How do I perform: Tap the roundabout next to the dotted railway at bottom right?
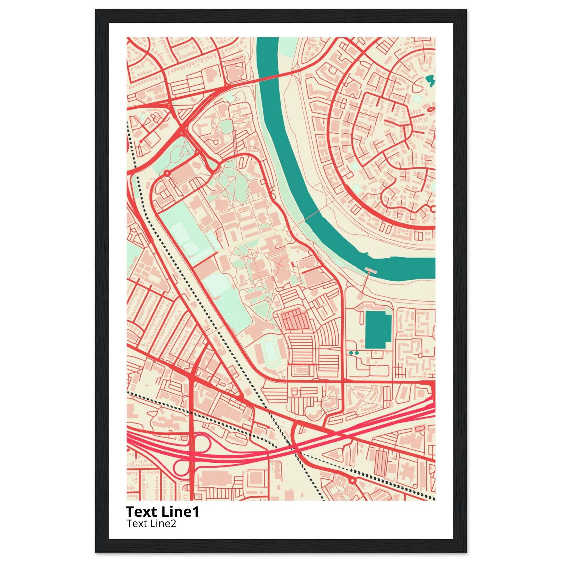point(353,480)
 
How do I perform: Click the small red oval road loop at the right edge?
point(431,109)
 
